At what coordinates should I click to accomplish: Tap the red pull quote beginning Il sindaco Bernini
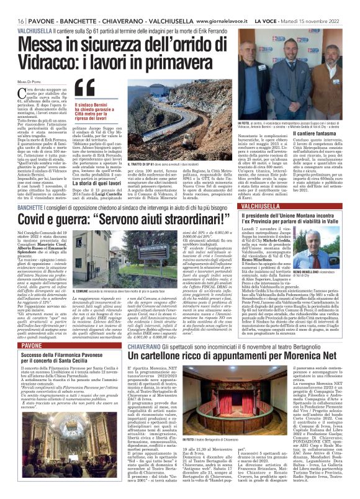92,112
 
